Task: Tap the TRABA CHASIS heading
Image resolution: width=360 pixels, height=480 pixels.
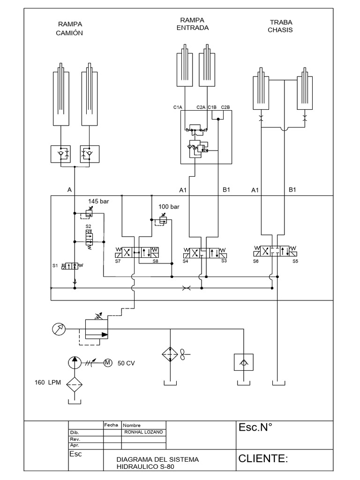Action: pyautogui.click(x=280, y=26)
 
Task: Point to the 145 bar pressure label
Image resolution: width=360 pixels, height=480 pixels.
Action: pyautogui.click(x=98, y=202)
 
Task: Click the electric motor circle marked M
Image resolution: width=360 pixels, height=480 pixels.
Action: pyautogui.click(x=108, y=362)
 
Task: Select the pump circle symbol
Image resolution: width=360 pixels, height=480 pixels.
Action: pyautogui.click(x=75, y=362)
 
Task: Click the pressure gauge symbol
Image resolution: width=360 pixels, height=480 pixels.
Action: pyautogui.click(x=59, y=330)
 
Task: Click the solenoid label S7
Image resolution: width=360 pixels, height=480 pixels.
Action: pyautogui.click(x=118, y=261)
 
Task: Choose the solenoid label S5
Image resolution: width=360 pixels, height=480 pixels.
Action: pyautogui.click(x=295, y=261)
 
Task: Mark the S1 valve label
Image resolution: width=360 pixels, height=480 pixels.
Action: pyautogui.click(x=55, y=266)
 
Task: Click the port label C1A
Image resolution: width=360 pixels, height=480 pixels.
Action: pyautogui.click(x=177, y=107)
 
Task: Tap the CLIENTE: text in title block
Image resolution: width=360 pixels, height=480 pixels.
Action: pyautogui.click(x=262, y=459)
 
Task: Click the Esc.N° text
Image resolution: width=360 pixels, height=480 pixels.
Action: pyautogui.click(x=256, y=427)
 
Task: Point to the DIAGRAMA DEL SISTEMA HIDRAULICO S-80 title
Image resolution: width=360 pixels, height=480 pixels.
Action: pyautogui.click(x=157, y=463)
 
